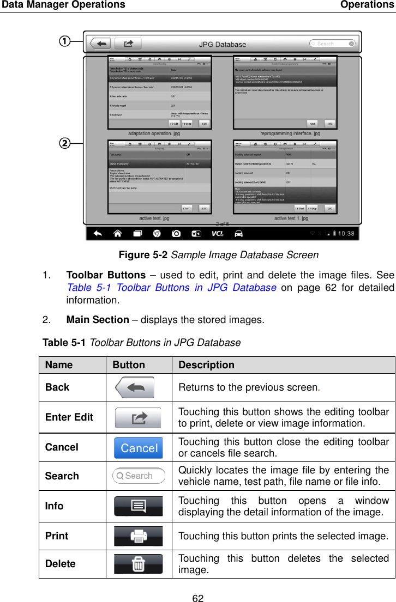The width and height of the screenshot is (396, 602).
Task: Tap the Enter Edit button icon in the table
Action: [x=138, y=417]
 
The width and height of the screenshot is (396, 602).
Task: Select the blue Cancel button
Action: [x=138, y=448]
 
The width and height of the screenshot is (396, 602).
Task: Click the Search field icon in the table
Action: [x=139, y=476]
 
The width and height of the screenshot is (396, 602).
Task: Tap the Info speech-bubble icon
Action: [x=138, y=506]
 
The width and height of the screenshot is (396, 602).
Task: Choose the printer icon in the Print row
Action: [x=138, y=536]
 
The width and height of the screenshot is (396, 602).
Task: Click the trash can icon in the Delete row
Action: [x=138, y=564]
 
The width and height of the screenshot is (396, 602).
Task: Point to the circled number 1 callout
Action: [x=65, y=41]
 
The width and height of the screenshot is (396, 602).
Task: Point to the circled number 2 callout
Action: [x=65, y=144]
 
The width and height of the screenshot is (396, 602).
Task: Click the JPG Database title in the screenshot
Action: [x=222, y=44]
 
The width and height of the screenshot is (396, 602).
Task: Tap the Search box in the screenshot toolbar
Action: [x=332, y=44]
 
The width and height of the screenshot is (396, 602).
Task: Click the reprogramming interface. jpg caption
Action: [x=285, y=133]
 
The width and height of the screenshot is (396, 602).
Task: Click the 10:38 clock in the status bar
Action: [x=343, y=234]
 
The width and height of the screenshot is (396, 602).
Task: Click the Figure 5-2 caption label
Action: [x=134, y=255]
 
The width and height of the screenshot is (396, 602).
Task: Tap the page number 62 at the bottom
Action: [x=197, y=598]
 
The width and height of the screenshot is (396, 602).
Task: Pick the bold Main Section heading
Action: [x=97, y=320]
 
